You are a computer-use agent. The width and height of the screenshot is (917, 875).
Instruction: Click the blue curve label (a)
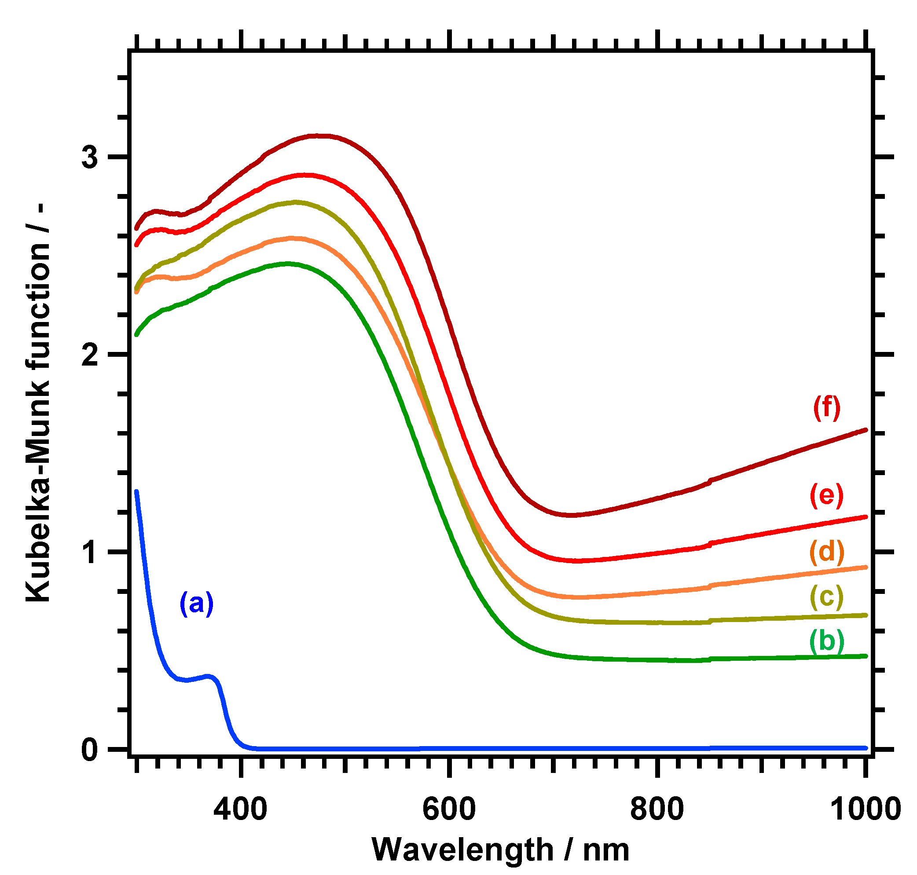196,603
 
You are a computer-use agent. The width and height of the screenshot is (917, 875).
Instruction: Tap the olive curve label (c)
826,596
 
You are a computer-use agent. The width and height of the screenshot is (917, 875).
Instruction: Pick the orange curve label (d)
826,552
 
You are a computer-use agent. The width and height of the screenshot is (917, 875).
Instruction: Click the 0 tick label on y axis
90,750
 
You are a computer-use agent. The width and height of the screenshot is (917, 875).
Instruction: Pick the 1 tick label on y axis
90,552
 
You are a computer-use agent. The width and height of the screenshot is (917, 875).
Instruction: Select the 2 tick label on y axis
90,355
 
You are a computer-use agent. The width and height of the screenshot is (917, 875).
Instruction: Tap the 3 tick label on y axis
90,157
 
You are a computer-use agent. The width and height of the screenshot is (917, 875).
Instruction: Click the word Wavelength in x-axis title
462,850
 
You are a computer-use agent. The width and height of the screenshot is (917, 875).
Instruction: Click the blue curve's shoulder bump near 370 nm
209,675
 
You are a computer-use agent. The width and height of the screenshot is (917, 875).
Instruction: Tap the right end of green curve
865,656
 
